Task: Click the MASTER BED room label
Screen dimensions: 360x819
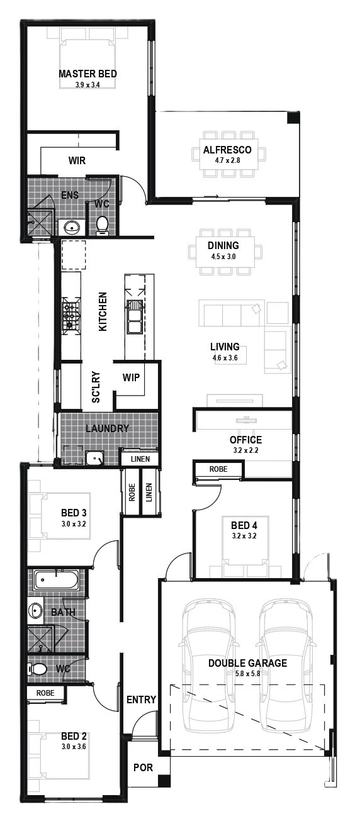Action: [88, 74]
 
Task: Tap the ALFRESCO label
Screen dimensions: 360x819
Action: [227, 150]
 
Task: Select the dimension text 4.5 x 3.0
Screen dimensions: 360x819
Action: [223, 257]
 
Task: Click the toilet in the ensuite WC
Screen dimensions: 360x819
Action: [102, 225]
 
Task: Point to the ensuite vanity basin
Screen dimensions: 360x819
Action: [72, 228]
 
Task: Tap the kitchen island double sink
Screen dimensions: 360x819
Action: [134, 317]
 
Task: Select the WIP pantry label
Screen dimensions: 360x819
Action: [131, 377]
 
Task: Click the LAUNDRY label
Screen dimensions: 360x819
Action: [107, 428]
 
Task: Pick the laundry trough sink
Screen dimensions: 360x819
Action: [95, 458]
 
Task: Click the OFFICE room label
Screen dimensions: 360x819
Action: [245, 440]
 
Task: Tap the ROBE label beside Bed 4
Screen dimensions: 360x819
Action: [218, 469]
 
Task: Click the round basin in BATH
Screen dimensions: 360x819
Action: [35, 610]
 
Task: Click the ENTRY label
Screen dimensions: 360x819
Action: [141, 700]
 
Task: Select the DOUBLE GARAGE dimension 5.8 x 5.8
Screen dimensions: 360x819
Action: [248, 673]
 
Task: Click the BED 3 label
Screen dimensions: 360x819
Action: [74, 513]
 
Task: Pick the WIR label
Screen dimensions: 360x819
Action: [77, 160]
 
